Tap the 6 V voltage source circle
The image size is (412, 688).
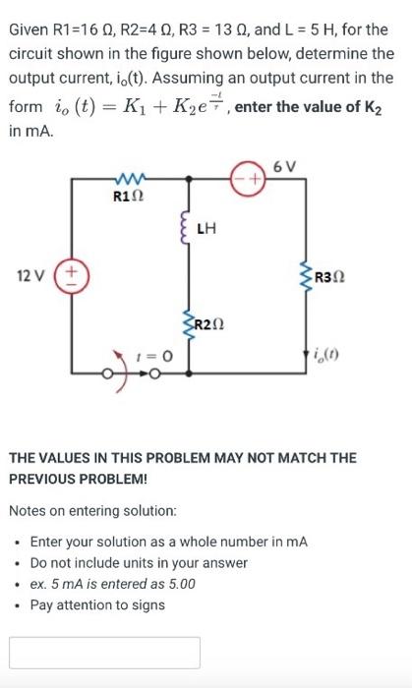tap(247, 181)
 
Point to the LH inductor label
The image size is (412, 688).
tap(206, 230)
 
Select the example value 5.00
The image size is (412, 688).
tap(177, 584)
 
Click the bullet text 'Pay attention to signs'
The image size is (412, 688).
tap(97, 604)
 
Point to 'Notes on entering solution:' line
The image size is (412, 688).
tap(93, 511)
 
